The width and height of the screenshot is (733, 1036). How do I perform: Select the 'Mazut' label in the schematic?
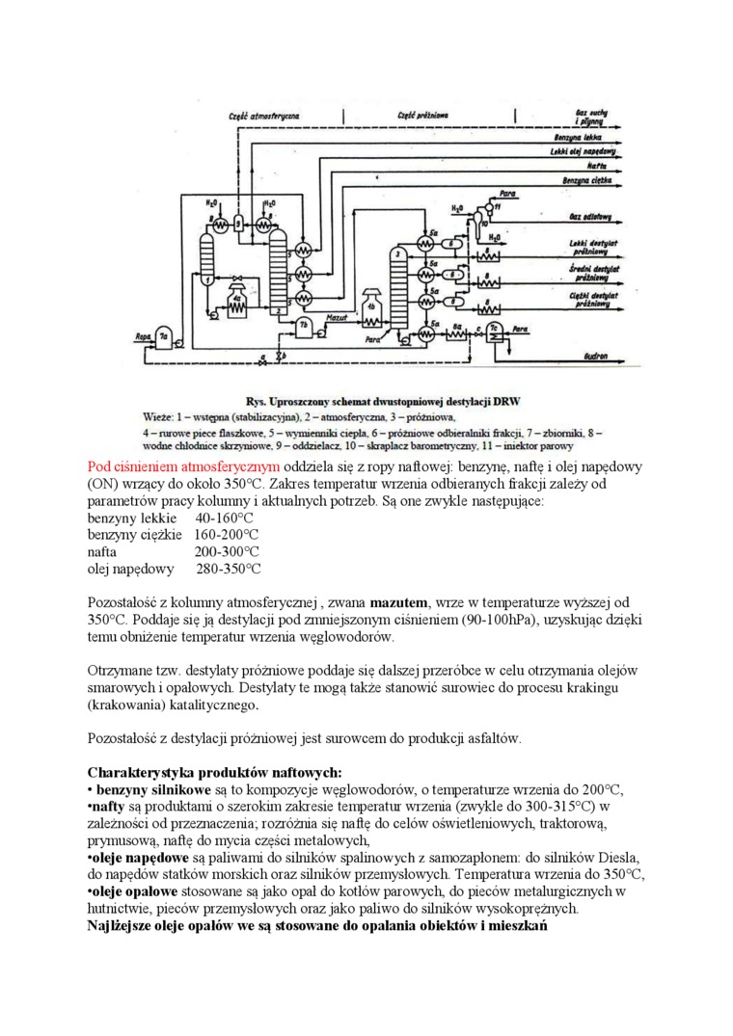[337, 315]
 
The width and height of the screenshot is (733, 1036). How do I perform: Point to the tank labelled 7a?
[165, 337]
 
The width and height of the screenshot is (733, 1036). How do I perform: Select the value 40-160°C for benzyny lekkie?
[224, 518]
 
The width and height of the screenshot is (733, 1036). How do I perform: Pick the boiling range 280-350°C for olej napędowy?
[228, 570]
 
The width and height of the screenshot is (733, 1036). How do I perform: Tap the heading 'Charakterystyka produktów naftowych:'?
[214, 771]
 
